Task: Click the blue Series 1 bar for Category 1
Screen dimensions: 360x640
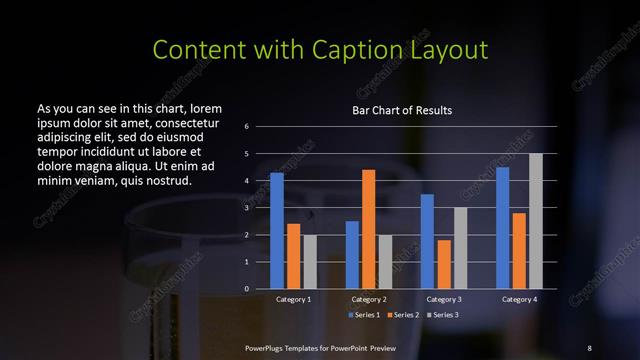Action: coord(277,231)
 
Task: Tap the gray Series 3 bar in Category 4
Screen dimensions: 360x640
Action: coord(535,221)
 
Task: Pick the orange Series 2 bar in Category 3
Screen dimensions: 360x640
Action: coord(444,264)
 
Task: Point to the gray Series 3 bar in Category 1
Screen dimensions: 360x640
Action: coord(309,262)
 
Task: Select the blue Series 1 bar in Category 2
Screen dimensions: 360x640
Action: coord(352,255)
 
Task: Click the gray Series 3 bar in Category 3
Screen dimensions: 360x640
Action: coord(460,248)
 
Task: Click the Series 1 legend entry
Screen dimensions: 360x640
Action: coord(364,315)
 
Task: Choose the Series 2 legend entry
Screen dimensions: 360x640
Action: coord(404,315)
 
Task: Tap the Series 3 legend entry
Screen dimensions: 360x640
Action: coord(444,315)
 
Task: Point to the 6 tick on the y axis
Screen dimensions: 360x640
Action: coord(246,127)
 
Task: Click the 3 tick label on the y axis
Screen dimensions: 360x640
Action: coord(246,208)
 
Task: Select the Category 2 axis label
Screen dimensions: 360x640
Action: coord(369,299)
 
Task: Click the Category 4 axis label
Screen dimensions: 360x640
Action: coord(519,299)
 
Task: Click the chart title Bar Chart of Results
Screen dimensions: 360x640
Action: coord(402,110)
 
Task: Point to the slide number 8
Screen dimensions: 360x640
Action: coord(589,347)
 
